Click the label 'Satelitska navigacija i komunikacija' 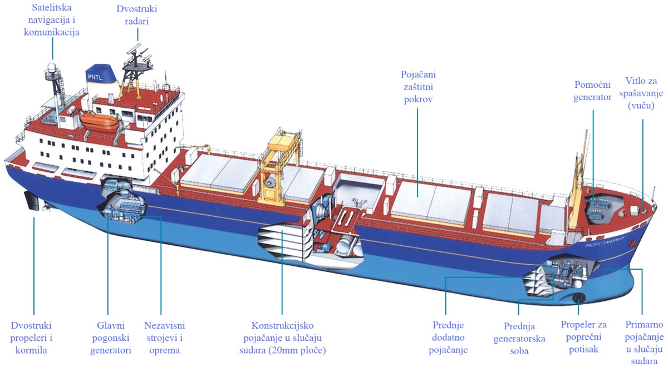[x=52, y=21]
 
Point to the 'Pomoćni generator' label [x=593, y=91]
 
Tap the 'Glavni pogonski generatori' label [x=110, y=338]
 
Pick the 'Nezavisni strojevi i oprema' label [x=164, y=338]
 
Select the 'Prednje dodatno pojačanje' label [x=448, y=338]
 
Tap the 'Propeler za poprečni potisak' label [x=583, y=338]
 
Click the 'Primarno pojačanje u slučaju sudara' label [x=644, y=342]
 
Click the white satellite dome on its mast [x=52, y=68]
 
